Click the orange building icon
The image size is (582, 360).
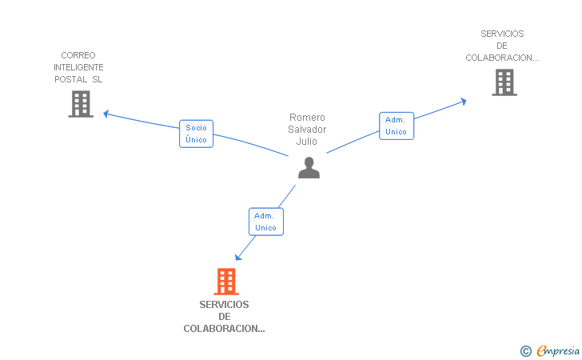(x=226, y=282)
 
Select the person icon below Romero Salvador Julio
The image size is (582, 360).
(x=309, y=167)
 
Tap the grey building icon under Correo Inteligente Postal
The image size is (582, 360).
(x=81, y=104)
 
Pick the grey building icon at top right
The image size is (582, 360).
(x=504, y=82)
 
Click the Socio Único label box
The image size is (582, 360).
(x=196, y=134)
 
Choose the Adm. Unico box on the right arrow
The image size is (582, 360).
(x=396, y=126)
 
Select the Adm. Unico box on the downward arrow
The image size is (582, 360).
(x=265, y=222)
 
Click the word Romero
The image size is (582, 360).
(x=308, y=117)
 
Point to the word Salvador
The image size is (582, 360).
(x=308, y=129)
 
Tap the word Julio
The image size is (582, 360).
(x=308, y=142)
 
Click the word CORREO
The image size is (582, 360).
(x=78, y=55)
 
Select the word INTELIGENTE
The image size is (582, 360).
(x=78, y=67)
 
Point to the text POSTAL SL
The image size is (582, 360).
(x=78, y=79)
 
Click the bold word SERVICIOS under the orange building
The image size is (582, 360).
(x=224, y=305)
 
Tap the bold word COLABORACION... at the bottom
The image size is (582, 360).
(x=224, y=329)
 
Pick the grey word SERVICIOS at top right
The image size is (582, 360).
(x=502, y=34)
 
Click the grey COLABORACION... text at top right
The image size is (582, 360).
(x=502, y=58)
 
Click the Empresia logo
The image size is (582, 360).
(x=552, y=350)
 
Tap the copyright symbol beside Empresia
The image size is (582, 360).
(x=525, y=350)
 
